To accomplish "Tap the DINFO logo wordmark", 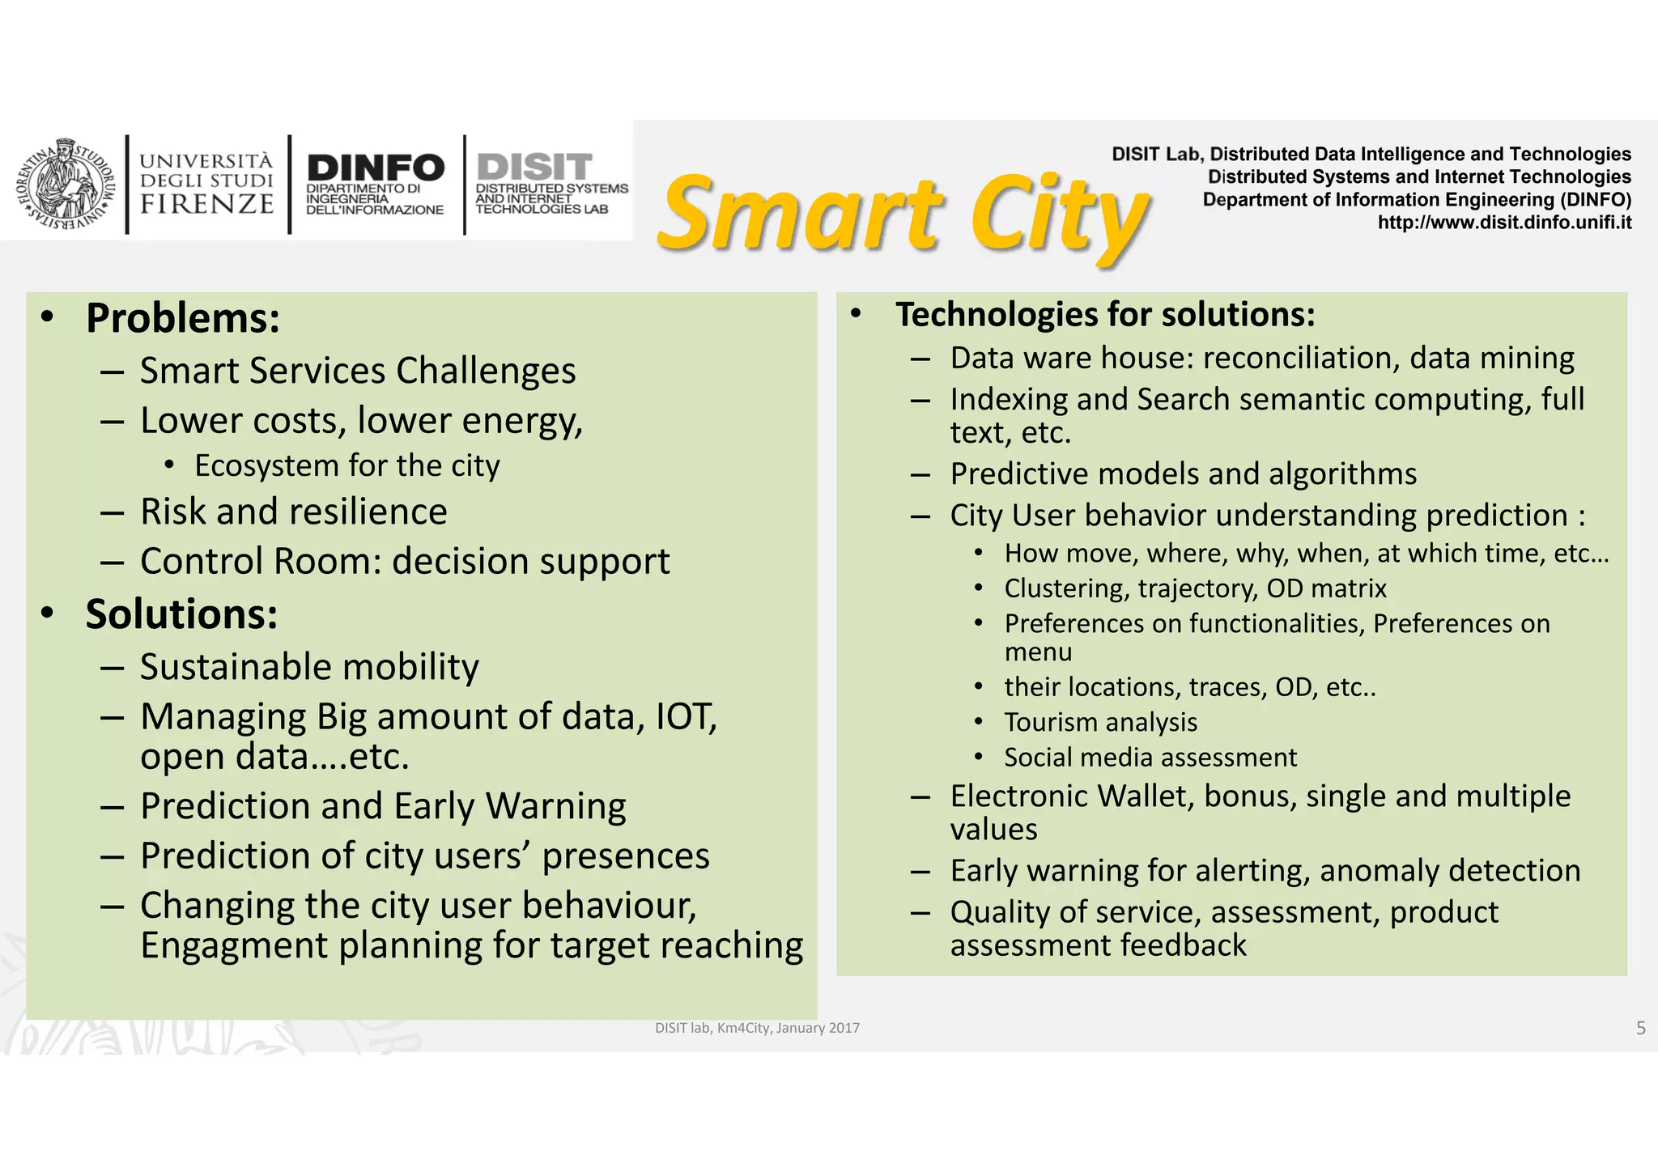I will (x=376, y=168).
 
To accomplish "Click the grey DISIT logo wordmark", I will (x=534, y=167).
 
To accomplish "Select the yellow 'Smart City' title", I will (x=903, y=214).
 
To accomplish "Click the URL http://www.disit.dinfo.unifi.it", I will (x=1504, y=223).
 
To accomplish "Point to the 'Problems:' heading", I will (x=183, y=318).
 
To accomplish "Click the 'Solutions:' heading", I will (x=181, y=614).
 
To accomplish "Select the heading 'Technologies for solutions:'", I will (x=1105, y=315).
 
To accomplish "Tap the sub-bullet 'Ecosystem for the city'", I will (x=346, y=466).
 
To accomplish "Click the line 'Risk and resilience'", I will (x=293, y=512).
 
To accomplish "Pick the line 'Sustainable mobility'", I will (x=309, y=668).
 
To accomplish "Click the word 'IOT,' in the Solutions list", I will (x=686, y=717).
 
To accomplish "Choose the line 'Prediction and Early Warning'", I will (x=383, y=807).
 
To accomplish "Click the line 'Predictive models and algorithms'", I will (x=1183, y=474).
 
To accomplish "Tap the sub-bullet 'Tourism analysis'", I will (x=1100, y=722).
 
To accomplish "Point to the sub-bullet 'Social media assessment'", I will (x=1150, y=758).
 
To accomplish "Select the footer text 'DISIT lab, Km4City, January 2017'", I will (x=757, y=1028).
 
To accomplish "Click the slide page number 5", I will (x=1640, y=1028).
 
